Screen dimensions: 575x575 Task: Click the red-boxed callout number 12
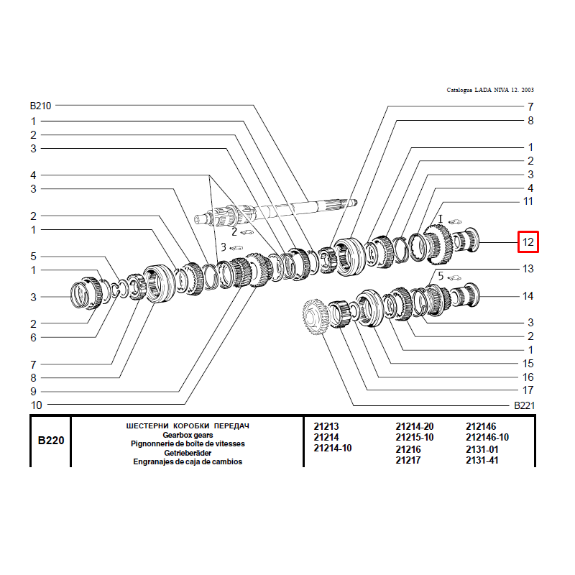528,242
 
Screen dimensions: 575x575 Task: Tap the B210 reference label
40,106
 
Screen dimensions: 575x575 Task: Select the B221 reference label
525,405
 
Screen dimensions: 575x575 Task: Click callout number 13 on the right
528,269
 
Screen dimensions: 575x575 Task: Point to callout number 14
528,296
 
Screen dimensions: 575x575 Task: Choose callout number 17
528,390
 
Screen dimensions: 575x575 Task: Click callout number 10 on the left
37,405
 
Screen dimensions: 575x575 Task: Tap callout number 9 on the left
33,391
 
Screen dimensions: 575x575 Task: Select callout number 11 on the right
528,201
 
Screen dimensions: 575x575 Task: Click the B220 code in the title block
51,440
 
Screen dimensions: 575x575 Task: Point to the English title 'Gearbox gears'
188,435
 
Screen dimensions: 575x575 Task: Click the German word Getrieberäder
188,453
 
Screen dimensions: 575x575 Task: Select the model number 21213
326,426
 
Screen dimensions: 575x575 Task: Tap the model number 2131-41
482,460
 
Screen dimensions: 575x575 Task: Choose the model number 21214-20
415,426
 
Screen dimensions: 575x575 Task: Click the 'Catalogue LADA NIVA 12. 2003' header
490,90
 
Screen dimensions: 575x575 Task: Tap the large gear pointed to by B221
315,316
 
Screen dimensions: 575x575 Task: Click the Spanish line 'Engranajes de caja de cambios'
188,461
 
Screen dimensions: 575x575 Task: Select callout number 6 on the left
33,337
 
